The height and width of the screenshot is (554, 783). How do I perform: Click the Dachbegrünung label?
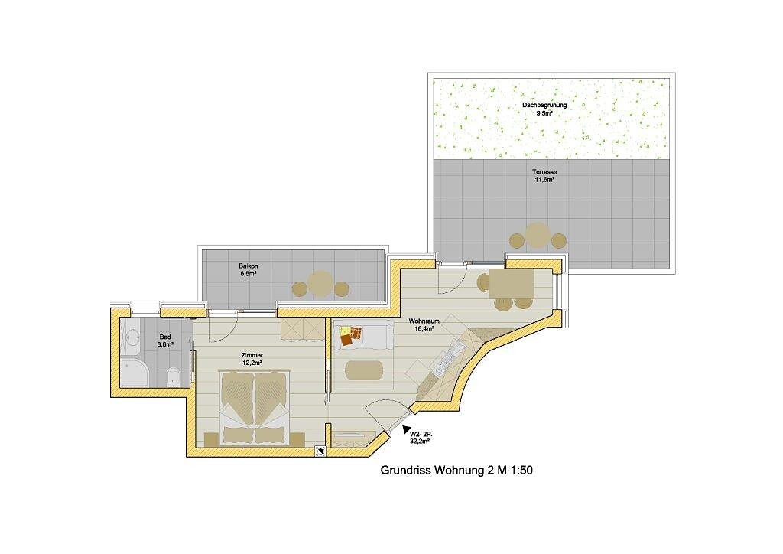click(544, 106)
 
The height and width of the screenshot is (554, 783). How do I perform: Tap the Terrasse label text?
click(544, 172)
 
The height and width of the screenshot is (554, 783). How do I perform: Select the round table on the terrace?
click(538, 236)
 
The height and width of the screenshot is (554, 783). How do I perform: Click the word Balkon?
click(249, 266)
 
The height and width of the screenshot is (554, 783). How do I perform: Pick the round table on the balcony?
click(320, 284)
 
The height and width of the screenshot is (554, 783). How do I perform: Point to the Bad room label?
click(165, 337)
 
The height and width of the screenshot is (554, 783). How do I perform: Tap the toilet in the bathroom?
click(172, 376)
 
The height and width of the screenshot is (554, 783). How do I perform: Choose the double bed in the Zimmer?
click(255, 408)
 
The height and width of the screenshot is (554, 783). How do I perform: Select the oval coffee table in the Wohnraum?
click(365, 370)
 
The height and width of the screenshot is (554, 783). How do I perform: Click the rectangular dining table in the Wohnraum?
click(512, 283)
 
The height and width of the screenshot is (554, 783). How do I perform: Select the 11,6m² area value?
click(544, 179)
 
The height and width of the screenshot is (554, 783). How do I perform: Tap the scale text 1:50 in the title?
click(521, 470)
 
